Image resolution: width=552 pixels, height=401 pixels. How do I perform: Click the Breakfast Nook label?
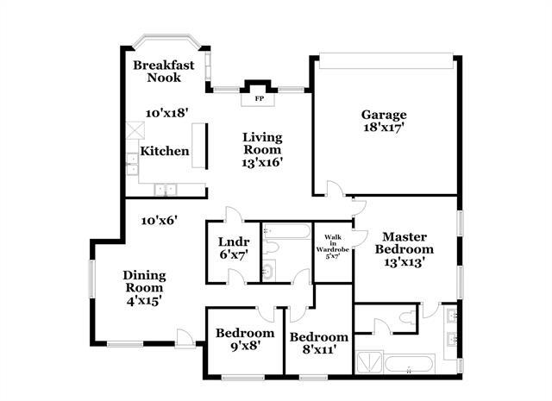[162, 71]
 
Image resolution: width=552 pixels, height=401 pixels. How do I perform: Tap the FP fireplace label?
[258, 99]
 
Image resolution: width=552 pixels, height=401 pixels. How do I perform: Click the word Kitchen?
[165, 151]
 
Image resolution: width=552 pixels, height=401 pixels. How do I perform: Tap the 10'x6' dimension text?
[160, 220]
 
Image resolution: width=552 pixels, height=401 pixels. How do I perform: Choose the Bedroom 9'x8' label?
[244, 339]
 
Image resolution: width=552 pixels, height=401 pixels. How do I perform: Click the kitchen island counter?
[199, 145]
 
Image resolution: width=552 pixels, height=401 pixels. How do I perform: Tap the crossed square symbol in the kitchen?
[134, 131]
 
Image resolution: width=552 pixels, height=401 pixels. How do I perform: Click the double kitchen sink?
[165, 189]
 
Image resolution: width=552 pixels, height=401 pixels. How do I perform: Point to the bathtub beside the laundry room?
[285, 231]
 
